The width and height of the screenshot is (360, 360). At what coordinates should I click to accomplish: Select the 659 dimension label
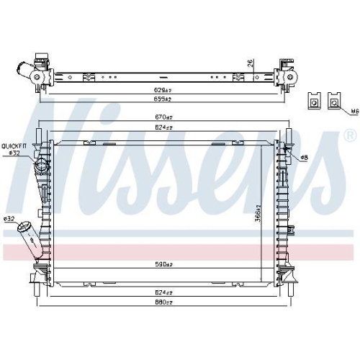pos(166,98)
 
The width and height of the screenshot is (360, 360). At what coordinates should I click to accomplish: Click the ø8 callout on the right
pos(303,157)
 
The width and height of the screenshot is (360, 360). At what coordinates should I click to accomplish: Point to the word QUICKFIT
pos(14,145)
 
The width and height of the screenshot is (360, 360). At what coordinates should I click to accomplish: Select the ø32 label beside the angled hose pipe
pos(9,218)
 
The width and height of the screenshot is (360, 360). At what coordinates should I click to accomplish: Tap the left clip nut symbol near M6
pos(315,101)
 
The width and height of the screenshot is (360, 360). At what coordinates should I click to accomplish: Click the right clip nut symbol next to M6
pos(335,101)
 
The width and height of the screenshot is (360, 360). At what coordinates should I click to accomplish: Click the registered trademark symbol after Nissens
pos(349,135)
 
